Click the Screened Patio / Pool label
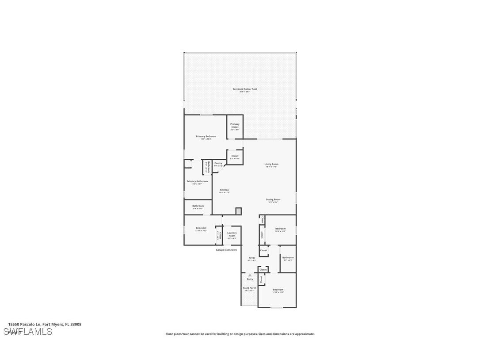tap(245, 89)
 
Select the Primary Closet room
tap(235, 126)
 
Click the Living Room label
tap(271, 165)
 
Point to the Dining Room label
tap(273, 200)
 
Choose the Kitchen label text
tap(224, 190)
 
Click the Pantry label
tap(218, 164)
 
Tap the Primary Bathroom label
tap(197, 182)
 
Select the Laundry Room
tap(232, 234)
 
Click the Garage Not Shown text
tap(226, 250)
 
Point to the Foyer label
tap(251, 258)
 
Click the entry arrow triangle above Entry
tap(250, 275)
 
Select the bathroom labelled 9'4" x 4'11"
tap(198, 207)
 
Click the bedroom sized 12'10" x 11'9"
tap(278, 291)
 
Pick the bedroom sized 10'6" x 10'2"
tap(280, 230)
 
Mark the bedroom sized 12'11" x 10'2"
tap(201, 229)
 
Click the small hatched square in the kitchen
tap(239, 211)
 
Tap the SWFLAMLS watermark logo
tap(27, 332)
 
